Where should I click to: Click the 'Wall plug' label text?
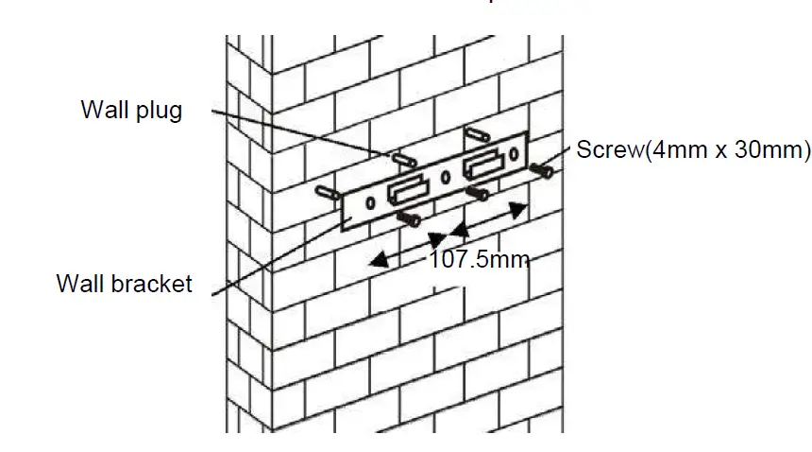point(131,111)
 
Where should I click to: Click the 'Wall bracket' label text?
point(124,283)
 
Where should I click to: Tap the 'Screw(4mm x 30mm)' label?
point(693,149)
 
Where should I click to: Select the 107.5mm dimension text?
point(479,259)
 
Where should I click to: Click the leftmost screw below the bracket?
point(410,219)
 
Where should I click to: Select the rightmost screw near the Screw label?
point(542,170)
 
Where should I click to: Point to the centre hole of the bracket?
point(445,176)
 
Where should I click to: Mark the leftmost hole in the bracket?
point(371,203)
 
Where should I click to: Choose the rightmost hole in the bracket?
point(514,152)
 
